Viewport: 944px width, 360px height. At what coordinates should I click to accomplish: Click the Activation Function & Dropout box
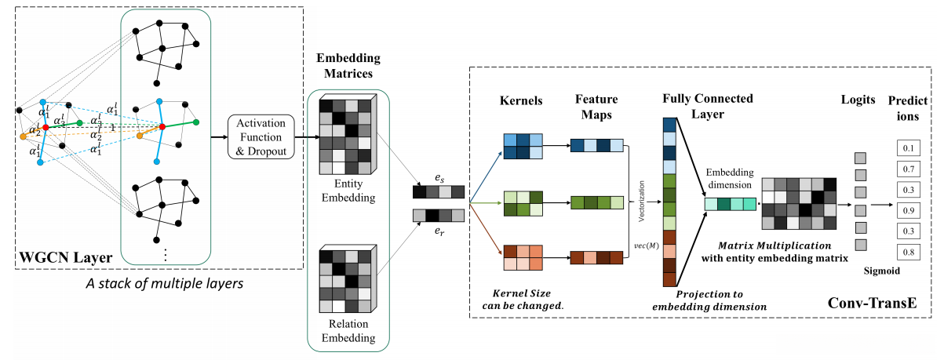click(x=260, y=136)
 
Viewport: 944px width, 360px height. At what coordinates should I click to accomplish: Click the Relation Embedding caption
click(x=346, y=332)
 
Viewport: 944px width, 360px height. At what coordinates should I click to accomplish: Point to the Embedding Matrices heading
click(x=346, y=66)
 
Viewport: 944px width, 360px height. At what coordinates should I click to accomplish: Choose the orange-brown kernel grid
click(x=521, y=257)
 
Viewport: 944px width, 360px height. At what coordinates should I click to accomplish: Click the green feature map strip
click(x=596, y=202)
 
